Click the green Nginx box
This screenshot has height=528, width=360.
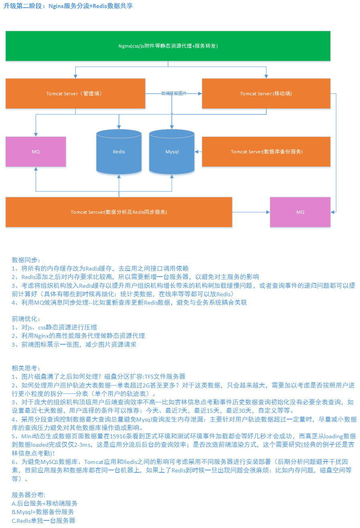click(168, 46)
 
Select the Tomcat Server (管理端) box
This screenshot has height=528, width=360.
click(75, 94)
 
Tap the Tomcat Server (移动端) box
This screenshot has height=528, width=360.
click(266, 94)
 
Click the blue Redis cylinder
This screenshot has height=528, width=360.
click(119, 152)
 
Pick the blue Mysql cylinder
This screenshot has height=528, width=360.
click(172, 152)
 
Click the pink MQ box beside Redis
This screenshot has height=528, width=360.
click(36, 152)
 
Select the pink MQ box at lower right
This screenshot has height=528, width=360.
click(300, 212)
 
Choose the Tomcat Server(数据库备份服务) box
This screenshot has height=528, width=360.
click(266, 152)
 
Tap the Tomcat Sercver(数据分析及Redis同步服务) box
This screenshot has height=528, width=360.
click(119, 212)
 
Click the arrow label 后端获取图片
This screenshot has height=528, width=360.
click(174, 93)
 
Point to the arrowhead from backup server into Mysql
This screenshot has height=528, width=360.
click(197, 152)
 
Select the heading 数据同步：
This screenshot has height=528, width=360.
click(26, 260)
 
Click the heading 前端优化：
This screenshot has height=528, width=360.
click(26, 319)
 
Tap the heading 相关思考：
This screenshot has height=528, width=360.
click(26, 368)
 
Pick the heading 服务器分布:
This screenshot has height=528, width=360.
click(28, 495)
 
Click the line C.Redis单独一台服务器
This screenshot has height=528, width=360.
click(44, 520)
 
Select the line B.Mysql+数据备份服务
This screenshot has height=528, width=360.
click(43, 512)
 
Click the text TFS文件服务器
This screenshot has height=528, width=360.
click(165, 376)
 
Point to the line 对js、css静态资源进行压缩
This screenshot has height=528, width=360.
click(59, 327)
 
